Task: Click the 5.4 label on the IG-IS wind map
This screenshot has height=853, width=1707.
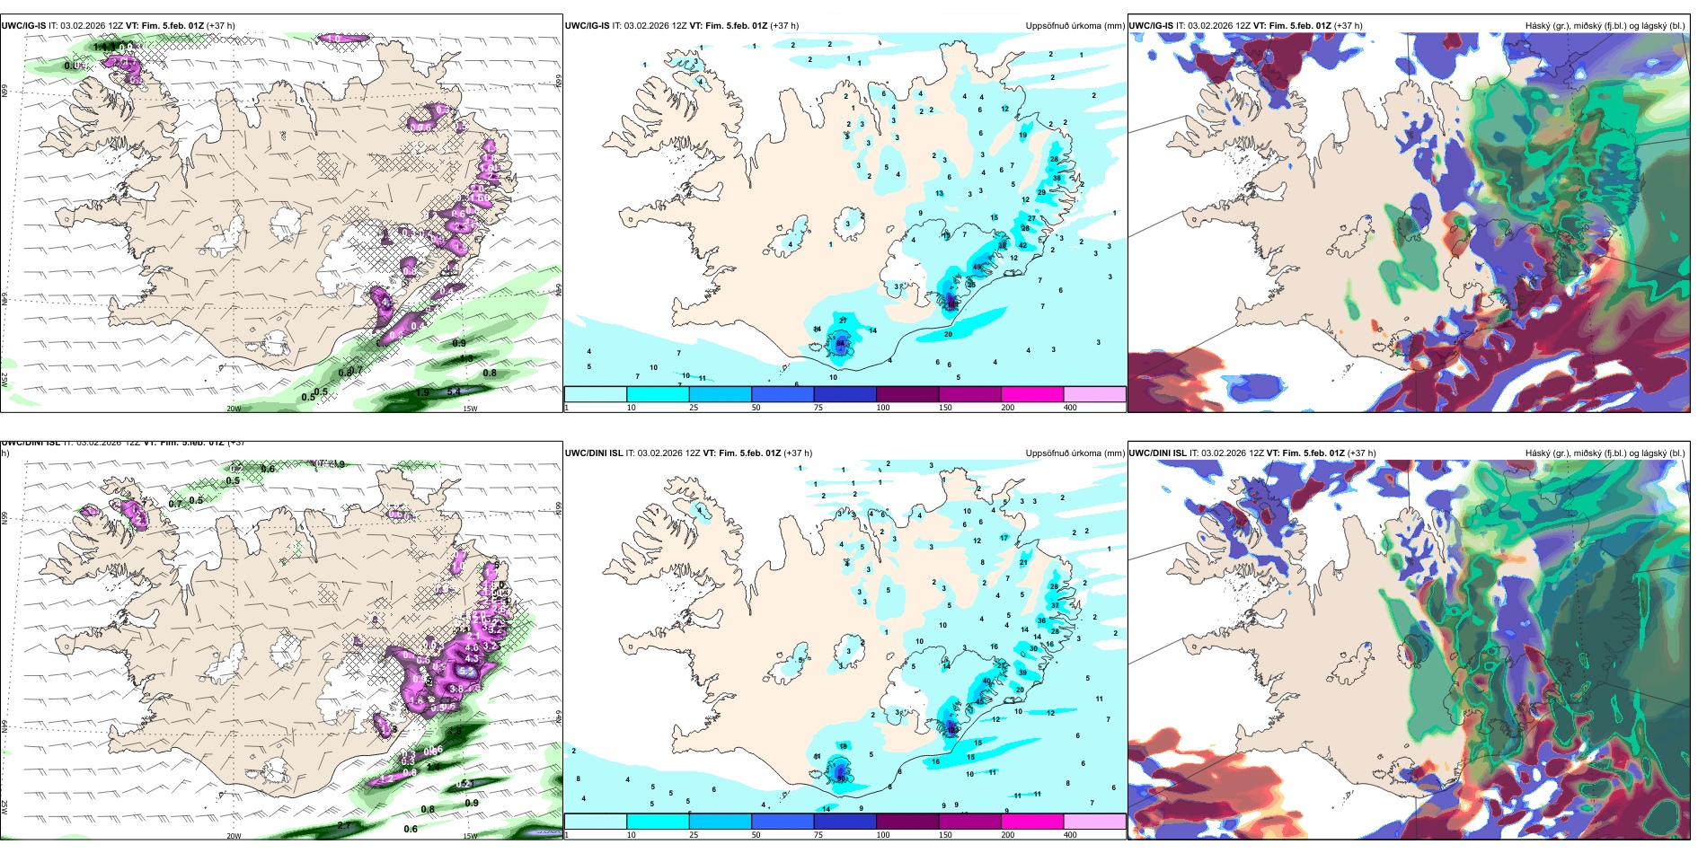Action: coord(455,391)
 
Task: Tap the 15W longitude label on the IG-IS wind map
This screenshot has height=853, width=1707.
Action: coord(469,409)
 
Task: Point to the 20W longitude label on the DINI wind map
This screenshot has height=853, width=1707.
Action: coord(234,836)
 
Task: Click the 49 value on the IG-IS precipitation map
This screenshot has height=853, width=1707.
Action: coord(977,268)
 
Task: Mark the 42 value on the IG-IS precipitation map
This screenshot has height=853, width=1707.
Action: coord(1022,245)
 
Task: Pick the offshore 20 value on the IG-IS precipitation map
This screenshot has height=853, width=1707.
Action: coord(948,334)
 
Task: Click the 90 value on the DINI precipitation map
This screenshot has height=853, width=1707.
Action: coord(842,778)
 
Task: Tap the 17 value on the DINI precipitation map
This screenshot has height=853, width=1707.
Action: coord(1004,538)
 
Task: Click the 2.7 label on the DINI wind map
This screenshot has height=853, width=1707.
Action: coord(344,825)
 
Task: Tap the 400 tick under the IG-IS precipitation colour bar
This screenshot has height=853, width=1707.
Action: coord(1070,408)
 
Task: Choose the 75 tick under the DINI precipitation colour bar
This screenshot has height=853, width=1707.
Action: coord(818,835)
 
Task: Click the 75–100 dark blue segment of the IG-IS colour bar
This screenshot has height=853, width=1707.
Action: coord(845,394)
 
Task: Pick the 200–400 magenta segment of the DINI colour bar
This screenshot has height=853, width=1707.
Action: coord(1032,822)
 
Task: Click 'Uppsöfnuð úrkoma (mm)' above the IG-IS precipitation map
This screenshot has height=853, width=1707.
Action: coord(1075,26)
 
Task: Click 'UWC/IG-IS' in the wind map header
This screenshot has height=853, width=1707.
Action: coord(23,26)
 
